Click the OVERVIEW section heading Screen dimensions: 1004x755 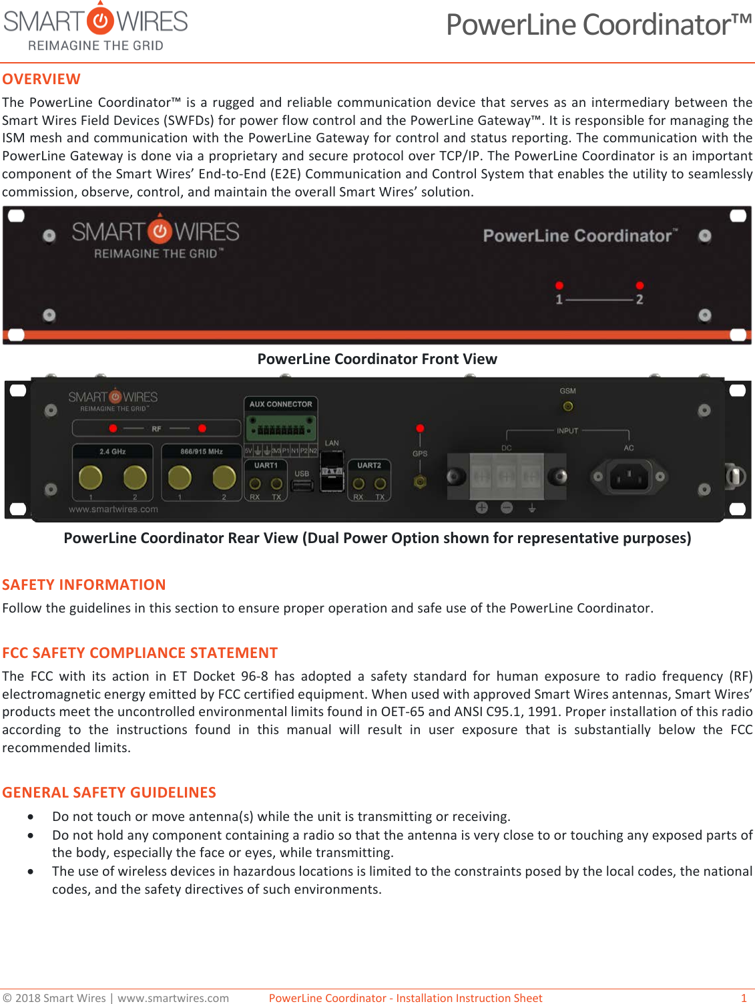click(41, 79)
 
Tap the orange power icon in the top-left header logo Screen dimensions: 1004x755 click(101, 21)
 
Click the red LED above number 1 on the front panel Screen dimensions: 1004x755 click(559, 285)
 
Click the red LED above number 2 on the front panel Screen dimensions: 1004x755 click(640, 285)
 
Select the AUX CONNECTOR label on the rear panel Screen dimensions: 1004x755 click(280, 404)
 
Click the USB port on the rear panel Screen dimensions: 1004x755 click(302, 486)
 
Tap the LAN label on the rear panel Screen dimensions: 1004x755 click(332, 443)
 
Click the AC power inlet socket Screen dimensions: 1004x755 click(628, 476)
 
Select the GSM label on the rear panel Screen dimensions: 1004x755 click(567, 391)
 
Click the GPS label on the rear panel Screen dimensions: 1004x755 click(420, 454)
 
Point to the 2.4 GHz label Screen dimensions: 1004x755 click(113, 452)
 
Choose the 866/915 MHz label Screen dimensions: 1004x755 click(202, 452)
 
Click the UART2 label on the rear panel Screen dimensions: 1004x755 click(369, 465)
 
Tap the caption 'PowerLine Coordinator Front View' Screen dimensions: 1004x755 click(377, 359)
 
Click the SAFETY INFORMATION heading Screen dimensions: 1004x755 click(84, 584)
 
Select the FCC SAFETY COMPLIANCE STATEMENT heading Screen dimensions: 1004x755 click(140, 653)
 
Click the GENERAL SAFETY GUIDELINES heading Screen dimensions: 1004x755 click(109, 792)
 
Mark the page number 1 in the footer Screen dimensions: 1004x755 click(744, 998)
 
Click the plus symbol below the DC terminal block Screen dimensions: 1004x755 click(481, 508)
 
